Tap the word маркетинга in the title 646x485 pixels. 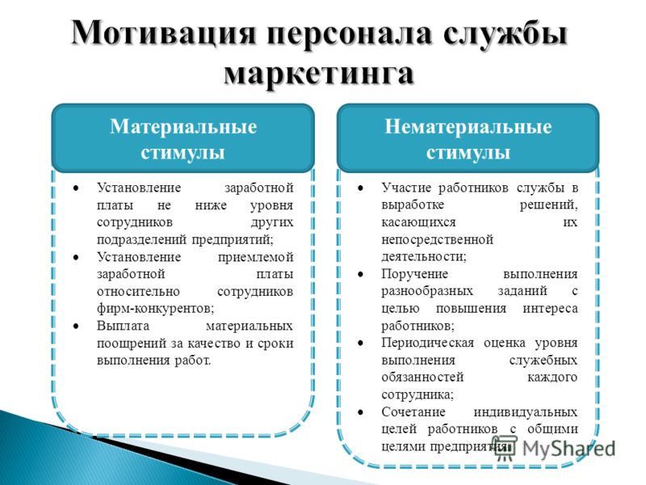click(319, 74)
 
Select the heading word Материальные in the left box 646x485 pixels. click(183, 127)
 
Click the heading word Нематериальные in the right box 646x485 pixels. click(468, 127)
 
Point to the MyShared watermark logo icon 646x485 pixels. click(505, 449)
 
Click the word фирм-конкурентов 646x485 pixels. click(155, 308)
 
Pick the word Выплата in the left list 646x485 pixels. click(123, 326)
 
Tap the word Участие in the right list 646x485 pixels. click(406, 188)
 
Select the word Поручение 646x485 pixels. click(414, 274)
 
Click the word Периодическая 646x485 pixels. click(428, 343)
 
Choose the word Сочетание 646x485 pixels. click(413, 411)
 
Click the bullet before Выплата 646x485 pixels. click(76, 326)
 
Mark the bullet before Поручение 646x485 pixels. click(360, 274)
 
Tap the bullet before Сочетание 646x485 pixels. click(360, 412)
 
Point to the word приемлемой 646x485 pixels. click(255, 257)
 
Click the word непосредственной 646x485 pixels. click(437, 239)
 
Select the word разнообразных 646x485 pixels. click(427, 291)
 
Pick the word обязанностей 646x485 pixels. click(422, 377)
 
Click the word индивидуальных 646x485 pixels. click(526, 412)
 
